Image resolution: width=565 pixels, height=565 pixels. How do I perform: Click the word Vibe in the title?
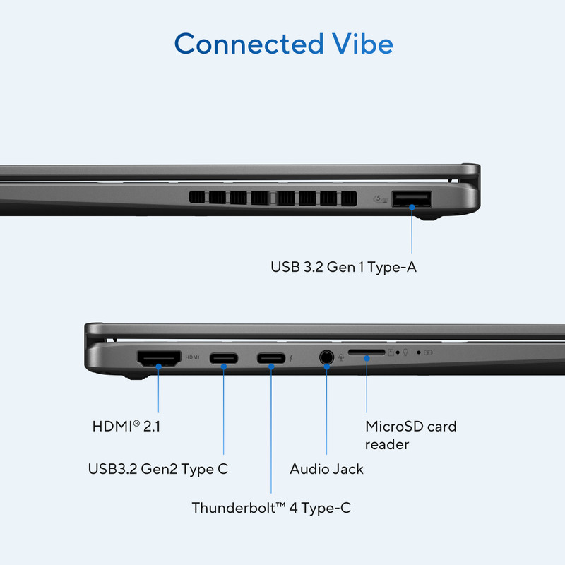362,44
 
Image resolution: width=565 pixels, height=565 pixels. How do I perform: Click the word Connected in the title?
249,44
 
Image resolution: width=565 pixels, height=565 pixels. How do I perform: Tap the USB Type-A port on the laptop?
412,199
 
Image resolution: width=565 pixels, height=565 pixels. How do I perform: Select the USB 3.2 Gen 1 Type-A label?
343,267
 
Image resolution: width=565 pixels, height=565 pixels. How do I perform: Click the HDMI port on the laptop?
158,358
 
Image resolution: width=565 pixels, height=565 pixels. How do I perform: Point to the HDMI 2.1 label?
126,426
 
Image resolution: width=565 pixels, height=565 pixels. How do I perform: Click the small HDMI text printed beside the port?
192,357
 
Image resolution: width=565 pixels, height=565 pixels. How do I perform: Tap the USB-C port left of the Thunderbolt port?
224,358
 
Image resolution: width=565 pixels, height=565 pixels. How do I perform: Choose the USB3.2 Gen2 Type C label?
157,469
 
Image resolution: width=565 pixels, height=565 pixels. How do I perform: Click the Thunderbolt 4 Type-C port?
271,358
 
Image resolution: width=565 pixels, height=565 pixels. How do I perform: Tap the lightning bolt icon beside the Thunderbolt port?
291,358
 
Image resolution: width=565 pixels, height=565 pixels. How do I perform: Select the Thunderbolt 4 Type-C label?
271,508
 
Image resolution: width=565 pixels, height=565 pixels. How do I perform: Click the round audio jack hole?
326,357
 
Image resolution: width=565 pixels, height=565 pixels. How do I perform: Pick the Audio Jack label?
326,469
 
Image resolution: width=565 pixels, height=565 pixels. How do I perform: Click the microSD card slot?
367,352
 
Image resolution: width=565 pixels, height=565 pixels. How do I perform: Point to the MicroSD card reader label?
410,435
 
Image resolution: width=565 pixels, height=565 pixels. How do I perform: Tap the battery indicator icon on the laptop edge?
428,352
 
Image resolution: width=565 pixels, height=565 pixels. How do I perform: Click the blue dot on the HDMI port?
158,367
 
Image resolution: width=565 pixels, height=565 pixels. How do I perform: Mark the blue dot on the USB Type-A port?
412,207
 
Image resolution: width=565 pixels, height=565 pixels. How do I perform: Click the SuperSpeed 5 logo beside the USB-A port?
381,198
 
